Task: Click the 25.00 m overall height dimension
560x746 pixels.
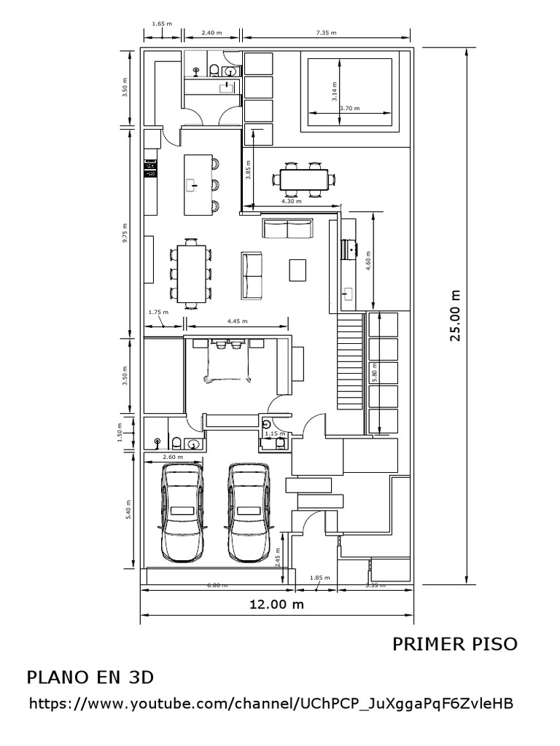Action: pos(456,315)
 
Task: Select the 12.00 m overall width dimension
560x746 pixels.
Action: pos(277,605)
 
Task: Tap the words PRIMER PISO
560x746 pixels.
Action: pos(455,644)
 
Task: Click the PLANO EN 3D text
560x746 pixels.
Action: pos(90,677)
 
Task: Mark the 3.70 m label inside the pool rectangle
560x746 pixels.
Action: pos(351,109)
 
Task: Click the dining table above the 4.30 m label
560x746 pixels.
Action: pos(303,180)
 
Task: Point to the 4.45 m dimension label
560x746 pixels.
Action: pos(237,321)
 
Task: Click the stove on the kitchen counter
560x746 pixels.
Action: pos(151,170)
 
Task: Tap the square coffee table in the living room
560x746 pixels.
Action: pos(299,270)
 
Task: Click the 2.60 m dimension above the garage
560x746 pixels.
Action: pos(173,457)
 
